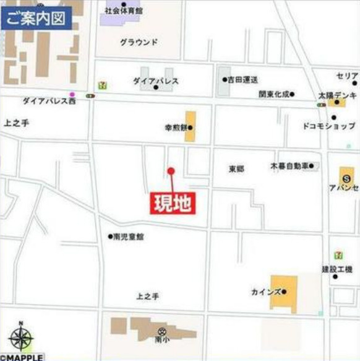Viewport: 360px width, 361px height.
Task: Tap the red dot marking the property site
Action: click(x=171, y=171)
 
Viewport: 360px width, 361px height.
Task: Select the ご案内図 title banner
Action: click(x=36, y=18)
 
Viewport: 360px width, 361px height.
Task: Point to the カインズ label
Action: click(x=266, y=292)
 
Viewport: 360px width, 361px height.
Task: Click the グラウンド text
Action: click(x=139, y=42)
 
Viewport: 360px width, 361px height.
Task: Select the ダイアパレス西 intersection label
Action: click(x=48, y=100)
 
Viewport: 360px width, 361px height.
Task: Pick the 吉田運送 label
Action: click(x=242, y=80)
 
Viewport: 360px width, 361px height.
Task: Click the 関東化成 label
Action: click(x=274, y=95)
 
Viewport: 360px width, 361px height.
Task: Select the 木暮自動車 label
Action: click(x=289, y=166)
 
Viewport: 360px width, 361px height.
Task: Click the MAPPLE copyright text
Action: click(x=22, y=357)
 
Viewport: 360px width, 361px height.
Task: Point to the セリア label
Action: click(x=346, y=76)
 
